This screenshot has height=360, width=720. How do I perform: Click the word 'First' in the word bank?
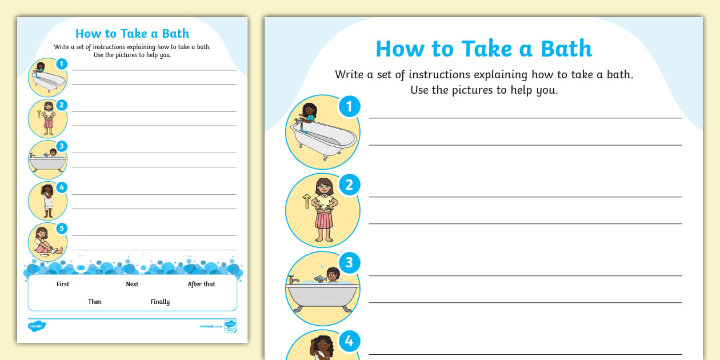point(63,284)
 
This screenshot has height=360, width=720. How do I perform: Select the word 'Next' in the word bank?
point(132,284)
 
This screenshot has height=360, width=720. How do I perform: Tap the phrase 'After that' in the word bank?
point(201,284)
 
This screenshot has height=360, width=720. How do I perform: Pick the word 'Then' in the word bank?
point(95,302)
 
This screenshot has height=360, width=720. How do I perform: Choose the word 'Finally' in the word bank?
point(160,302)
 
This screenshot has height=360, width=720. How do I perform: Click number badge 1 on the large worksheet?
point(349,106)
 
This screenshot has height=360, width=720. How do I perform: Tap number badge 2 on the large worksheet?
point(349,185)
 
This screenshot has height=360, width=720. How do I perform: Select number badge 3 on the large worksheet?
point(349,263)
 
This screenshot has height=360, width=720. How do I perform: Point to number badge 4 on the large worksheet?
point(349,341)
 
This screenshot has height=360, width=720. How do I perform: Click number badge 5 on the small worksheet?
point(62,229)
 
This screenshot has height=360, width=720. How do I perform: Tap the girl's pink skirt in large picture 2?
point(323,218)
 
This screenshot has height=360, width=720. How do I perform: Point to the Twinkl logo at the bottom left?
point(37,326)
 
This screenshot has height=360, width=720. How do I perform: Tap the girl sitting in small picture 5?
point(43,243)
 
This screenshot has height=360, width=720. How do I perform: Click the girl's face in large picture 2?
point(324,186)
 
